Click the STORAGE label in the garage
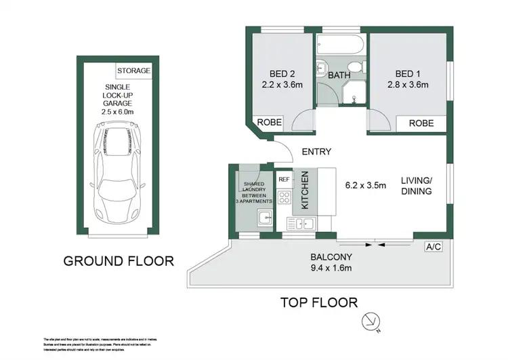[133, 71]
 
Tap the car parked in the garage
[119, 169]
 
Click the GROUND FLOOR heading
[119, 260]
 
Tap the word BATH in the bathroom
[339, 76]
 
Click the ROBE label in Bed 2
[265, 123]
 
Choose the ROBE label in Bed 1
[421, 123]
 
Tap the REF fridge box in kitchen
[284, 180]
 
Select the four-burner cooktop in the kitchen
[284, 198]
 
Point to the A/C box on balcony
[433, 247]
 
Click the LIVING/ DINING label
[416, 185]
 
